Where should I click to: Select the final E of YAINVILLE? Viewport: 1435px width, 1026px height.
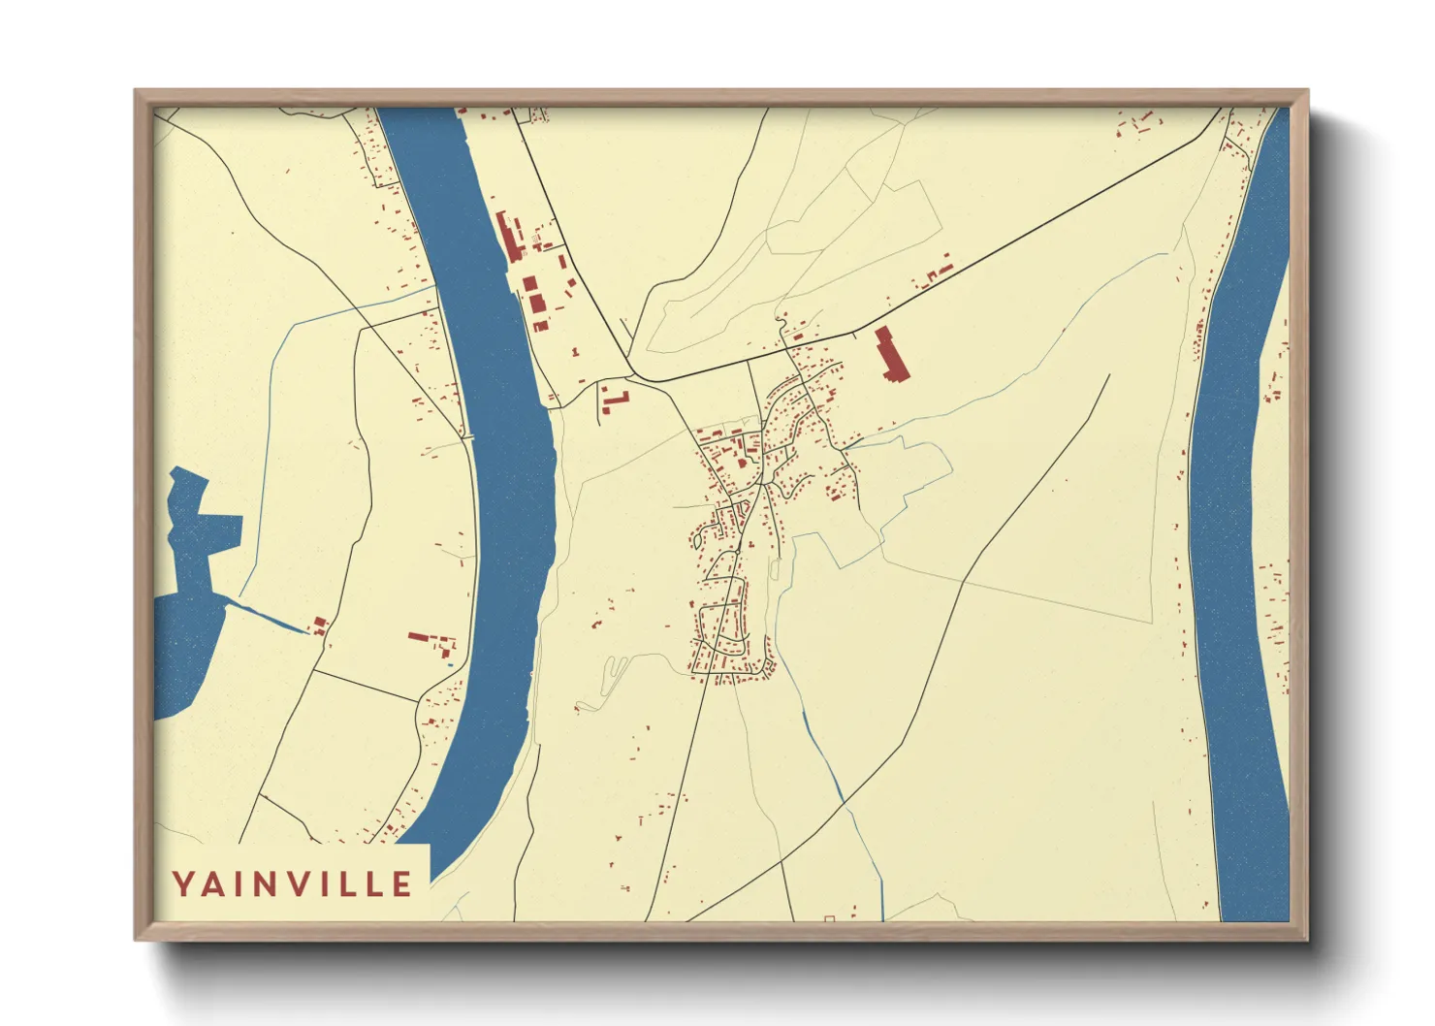[x=401, y=884]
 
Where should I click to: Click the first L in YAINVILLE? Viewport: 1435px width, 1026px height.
[x=346, y=884]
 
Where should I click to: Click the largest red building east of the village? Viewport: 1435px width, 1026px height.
[x=890, y=356]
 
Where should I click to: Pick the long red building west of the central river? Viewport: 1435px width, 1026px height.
[x=419, y=637]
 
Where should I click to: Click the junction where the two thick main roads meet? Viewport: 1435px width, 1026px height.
[x=631, y=374]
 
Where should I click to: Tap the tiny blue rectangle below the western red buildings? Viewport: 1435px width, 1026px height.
[x=449, y=663]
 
